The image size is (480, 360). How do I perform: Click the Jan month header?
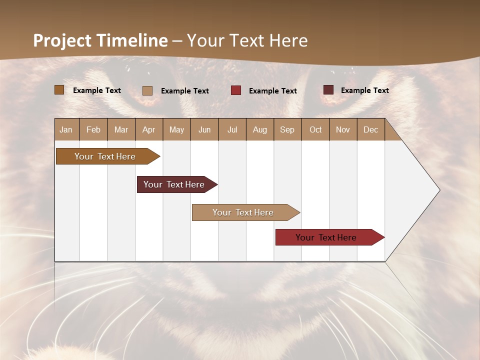(66, 129)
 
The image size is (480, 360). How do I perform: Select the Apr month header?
(148, 129)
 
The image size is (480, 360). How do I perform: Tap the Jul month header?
(232, 129)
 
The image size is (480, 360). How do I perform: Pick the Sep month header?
(287, 129)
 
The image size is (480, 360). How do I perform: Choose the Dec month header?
(370, 129)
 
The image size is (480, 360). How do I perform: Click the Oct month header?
(315, 129)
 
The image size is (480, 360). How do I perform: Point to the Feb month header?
(93, 129)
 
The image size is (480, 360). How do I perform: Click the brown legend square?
(59, 90)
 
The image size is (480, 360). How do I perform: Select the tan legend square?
(147, 90)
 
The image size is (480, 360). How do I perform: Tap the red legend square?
(235, 90)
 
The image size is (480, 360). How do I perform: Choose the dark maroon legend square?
(328, 90)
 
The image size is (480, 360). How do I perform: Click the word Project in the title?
(62, 40)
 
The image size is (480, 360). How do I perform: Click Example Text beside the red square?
(272, 91)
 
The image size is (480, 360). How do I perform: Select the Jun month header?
(204, 129)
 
